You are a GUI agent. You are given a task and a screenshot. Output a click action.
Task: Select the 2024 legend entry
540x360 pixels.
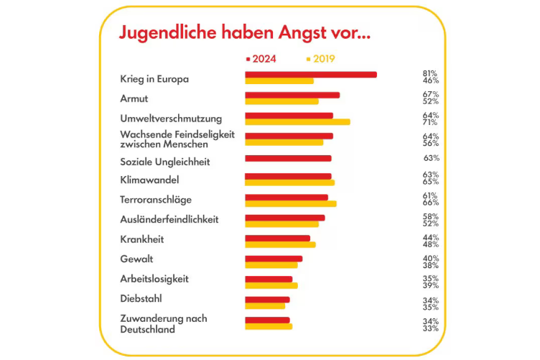(x=261, y=59)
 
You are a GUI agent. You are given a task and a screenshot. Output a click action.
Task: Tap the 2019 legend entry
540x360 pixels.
(x=321, y=59)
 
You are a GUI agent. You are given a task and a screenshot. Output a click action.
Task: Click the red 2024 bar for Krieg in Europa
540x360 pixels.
(x=311, y=74)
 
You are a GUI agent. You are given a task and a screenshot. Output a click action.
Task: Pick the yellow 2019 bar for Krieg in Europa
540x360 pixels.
(x=279, y=80)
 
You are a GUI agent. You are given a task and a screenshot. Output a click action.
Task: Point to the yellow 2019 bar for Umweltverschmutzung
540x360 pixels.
(x=297, y=121)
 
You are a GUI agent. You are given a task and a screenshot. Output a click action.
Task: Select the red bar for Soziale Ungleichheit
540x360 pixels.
(x=288, y=158)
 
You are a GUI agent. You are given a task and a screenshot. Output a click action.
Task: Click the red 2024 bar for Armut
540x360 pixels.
(x=292, y=95)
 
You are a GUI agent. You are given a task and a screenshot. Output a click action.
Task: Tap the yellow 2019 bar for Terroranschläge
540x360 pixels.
(x=291, y=203)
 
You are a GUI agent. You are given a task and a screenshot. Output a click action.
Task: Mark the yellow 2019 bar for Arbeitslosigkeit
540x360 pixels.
(x=271, y=285)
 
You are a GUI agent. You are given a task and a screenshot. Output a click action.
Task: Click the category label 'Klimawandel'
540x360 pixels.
(x=149, y=180)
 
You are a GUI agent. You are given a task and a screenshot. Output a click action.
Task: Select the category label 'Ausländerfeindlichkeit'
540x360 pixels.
(x=169, y=219)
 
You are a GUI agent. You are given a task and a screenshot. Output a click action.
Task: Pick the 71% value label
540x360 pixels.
(x=430, y=122)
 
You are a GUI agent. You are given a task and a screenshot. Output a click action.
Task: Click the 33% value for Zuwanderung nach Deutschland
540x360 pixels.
(x=430, y=328)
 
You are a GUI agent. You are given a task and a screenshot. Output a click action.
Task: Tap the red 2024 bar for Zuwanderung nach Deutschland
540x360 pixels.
(x=267, y=320)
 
